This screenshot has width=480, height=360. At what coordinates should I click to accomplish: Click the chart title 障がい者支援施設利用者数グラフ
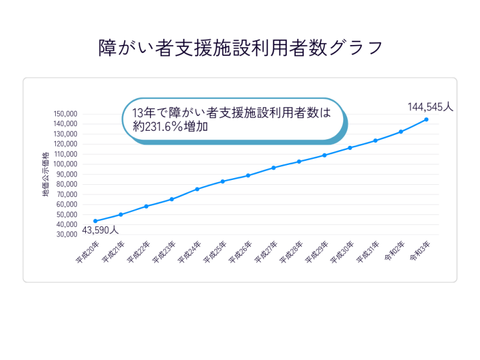coord(240,47)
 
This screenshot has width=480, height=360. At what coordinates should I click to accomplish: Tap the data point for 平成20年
coord(95,221)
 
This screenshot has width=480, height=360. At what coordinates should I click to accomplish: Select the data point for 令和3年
coord(426,119)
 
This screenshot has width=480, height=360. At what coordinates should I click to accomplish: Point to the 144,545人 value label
coord(430,107)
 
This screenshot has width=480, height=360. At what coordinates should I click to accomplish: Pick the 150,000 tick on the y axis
coord(66,114)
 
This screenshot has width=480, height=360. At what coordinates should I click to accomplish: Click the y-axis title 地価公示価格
coord(45,175)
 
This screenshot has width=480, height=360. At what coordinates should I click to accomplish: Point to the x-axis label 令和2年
coord(395,250)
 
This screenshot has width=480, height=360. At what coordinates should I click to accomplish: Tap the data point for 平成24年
coord(197,189)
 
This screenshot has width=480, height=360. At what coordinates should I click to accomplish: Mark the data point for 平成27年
coord(274,168)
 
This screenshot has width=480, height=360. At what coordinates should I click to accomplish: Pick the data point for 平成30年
coord(350,148)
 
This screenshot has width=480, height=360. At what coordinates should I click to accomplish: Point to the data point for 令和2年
coord(401,132)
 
